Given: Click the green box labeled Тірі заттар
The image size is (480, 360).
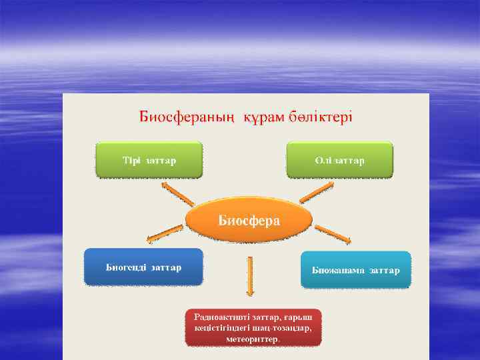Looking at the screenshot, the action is click(149, 160).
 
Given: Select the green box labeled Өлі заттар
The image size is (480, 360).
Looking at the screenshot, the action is click(339, 160).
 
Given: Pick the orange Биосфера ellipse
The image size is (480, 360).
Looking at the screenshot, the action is click(249, 221).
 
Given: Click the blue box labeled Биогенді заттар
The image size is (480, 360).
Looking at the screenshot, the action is click(143, 267).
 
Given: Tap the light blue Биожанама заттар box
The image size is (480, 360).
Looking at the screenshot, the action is click(355, 269).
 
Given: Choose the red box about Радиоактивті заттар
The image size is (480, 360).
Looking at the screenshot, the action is click(253, 326).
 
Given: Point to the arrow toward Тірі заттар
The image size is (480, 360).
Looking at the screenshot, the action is click(178, 196).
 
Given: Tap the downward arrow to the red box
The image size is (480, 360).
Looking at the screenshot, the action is click(250, 276).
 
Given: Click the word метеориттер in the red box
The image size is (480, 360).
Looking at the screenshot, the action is click(253, 338).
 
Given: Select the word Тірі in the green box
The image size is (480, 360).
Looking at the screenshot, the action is click(131, 161).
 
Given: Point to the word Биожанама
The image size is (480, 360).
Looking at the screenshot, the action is click(339, 270).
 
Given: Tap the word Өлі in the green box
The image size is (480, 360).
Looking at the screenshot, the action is click(323, 161).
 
